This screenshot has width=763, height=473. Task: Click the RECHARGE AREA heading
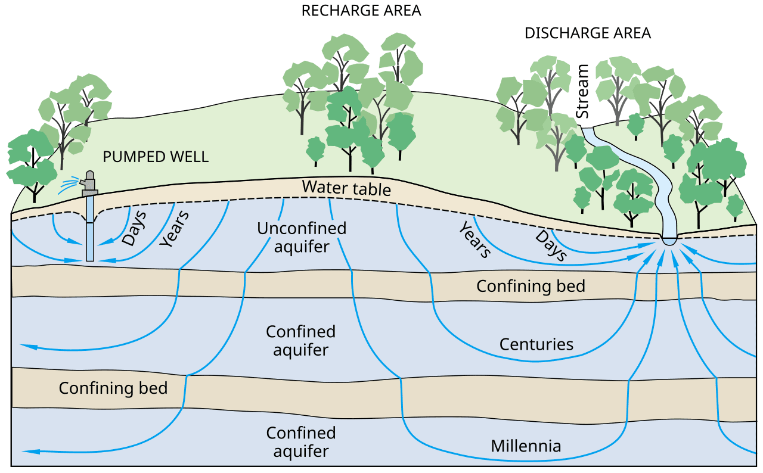361,11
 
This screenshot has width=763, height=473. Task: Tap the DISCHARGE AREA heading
588,33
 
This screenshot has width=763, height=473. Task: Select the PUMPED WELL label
156,157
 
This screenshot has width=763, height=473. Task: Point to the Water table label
346,188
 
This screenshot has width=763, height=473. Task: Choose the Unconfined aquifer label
302,237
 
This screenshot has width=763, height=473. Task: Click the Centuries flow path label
536,344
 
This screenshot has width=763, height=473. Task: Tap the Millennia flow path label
526,446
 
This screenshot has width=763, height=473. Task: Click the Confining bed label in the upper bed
531,286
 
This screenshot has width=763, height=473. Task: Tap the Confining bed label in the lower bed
113,388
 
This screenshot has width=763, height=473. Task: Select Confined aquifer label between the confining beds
300,340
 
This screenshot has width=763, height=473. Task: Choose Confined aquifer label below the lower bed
300,441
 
